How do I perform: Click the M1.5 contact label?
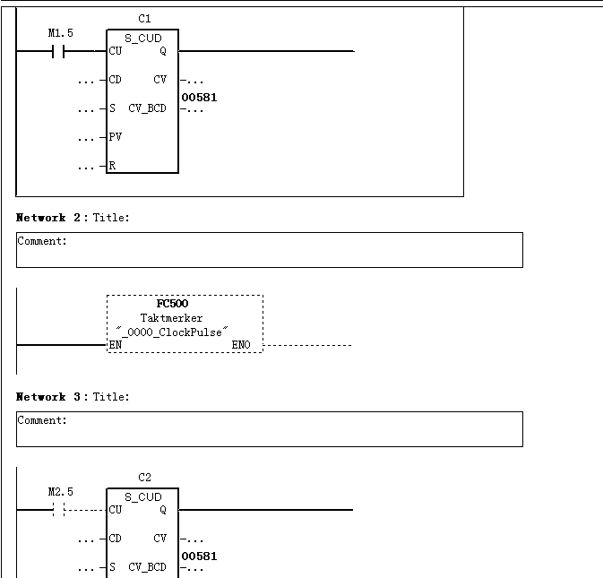click(x=60, y=33)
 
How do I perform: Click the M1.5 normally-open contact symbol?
click(x=58, y=51)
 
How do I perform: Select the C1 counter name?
click(x=144, y=19)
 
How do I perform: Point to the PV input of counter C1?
click(x=115, y=137)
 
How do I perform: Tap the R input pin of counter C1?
click(x=112, y=166)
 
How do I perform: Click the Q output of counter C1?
click(x=163, y=51)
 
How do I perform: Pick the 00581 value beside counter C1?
click(x=199, y=98)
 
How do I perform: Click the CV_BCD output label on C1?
click(x=147, y=108)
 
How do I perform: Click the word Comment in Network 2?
click(x=40, y=241)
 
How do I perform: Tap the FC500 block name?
click(x=172, y=304)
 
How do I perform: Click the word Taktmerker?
click(x=171, y=318)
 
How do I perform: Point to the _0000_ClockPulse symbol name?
click(x=171, y=332)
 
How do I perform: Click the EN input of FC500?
click(x=116, y=345)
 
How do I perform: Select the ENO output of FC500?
click(x=241, y=345)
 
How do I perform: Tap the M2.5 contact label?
click(x=60, y=492)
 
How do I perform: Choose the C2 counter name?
click(x=144, y=478)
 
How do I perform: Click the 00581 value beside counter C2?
click(x=199, y=556)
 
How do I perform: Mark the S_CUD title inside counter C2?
click(x=143, y=497)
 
